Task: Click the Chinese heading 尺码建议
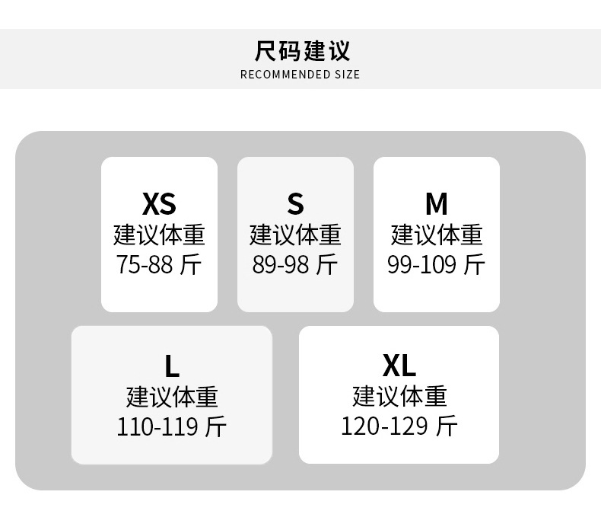302,51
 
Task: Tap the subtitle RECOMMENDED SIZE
300,75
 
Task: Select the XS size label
159,204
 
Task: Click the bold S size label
295,204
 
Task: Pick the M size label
436,204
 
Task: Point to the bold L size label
172,367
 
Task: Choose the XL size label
399,366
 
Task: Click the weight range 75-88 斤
159,265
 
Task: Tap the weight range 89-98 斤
295,265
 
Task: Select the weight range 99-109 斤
436,265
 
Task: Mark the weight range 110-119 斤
171,426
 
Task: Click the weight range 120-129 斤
399,426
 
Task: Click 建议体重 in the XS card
159,235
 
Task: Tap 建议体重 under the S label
295,235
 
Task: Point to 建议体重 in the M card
436,235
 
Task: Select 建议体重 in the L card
172,397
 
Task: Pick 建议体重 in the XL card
399,396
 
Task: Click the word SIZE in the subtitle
346,75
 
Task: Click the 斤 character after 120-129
447,426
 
